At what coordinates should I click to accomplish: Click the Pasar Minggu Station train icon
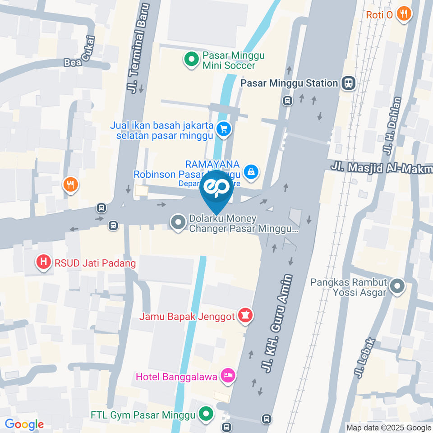click(x=348, y=83)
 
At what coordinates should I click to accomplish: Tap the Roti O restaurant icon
click(x=404, y=14)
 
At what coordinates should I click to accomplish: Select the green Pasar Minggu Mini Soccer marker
click(x=191, y=60)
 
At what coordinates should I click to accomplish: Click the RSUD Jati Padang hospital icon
click(x=44, y=262)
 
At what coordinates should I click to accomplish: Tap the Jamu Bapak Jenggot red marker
click(x=245, y=316)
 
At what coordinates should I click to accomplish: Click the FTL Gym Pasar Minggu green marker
click(x=207, y=414)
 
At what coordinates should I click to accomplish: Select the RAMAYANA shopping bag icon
click(x=250, y=171)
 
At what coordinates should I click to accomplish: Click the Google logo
click(x=24, y=424)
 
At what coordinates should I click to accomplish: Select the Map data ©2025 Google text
click(x=389, y=428)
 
